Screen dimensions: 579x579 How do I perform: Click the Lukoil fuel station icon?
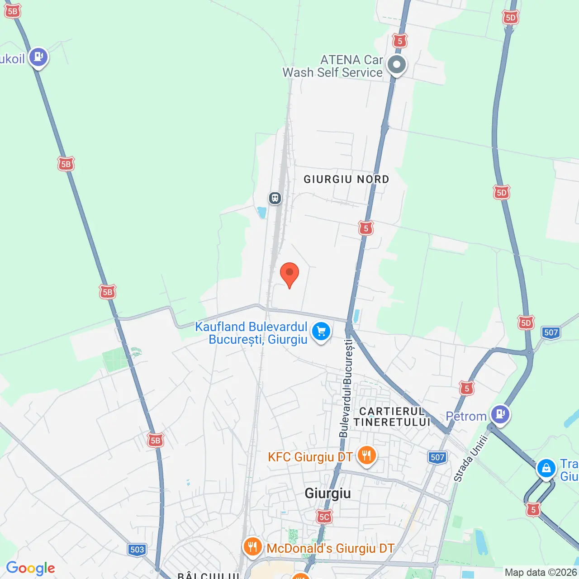(x=38, y=57)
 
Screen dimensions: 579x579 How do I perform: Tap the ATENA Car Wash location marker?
(x=397, y=65)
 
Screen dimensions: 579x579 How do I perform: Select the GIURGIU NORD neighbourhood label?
(x=346, y=180)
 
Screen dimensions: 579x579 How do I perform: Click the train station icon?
(x=275, y=198)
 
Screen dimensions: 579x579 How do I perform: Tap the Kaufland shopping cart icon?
(x=321, y=332)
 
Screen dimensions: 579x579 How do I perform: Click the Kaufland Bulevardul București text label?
(x=252, y=333)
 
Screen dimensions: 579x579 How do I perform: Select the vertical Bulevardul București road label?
(x=347, y=389)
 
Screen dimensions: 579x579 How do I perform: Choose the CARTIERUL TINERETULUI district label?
(x=392, y=417)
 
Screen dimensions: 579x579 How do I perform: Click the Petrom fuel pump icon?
(x=500, y=414)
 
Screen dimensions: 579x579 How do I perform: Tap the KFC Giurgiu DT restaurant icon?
(x=366, y=455)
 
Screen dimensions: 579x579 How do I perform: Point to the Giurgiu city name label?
(x=327, y=493)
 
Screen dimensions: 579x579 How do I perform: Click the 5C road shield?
(x=324, y=517)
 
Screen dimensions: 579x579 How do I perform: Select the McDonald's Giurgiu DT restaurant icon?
(x=252, y=547)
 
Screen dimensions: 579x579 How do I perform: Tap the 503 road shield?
(x=137, y=550)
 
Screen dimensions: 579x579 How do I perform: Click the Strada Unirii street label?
(x=471, y=458)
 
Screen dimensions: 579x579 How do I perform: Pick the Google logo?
(x=31, y=568)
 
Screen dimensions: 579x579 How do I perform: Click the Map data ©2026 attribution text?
(x=541, y=573)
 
